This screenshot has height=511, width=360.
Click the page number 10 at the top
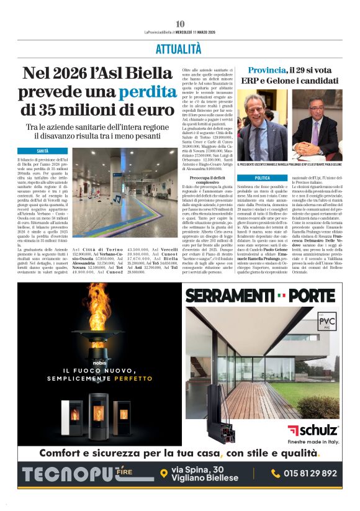180,24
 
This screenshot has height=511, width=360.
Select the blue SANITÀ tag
43,151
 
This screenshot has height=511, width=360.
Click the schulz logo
313,430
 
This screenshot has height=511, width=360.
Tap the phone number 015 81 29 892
313,473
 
